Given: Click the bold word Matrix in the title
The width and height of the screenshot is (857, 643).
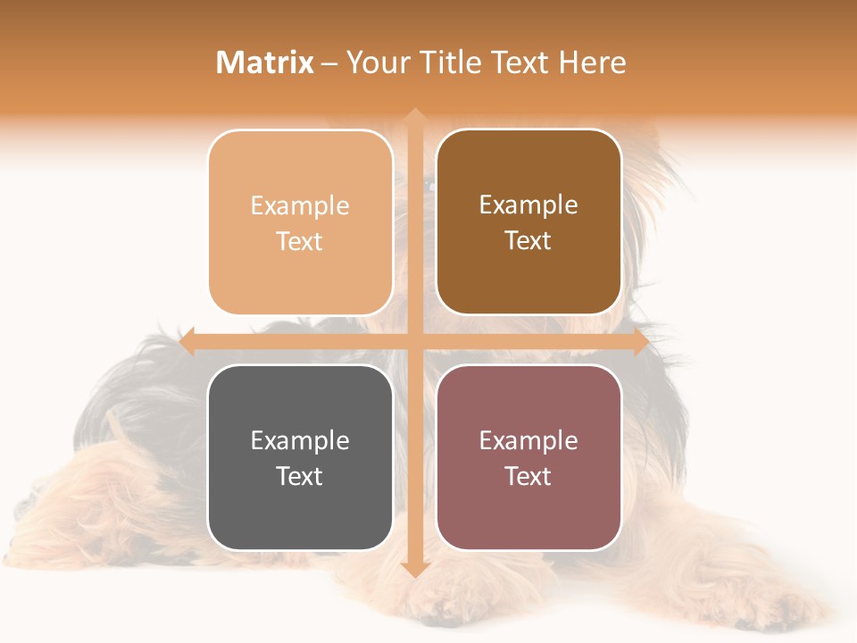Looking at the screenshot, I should [x=265, y=63].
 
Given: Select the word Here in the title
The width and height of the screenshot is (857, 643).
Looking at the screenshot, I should [x=593, y=63].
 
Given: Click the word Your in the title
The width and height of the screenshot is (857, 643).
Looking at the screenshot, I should [x=379, y=63].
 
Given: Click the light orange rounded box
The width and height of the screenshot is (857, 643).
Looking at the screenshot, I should [x=300, y=222].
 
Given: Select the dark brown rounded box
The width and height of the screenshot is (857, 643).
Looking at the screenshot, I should [x=528, y=222].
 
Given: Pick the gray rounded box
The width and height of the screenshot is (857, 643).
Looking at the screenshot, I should [x=300, y=457].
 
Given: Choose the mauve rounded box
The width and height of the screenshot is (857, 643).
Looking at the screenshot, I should [x=528, y=457].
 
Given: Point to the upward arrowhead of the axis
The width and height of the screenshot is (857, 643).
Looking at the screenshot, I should [x=414, y=115].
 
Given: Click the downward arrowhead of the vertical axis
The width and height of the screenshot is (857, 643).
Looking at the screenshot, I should [x=414, y=570].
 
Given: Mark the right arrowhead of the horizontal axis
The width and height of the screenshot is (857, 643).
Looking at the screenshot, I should [x=640, y=342].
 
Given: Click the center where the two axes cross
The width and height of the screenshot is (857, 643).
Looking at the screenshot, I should [x=414, y=342].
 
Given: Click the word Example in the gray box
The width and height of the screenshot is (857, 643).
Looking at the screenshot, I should [x=300, y=440].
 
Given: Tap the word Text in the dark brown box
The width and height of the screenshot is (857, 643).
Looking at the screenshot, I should [x=528, y=240].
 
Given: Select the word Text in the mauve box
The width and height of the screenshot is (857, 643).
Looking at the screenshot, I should [x=528, y=476].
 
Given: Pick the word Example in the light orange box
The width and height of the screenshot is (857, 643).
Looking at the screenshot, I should [x=300, y=205].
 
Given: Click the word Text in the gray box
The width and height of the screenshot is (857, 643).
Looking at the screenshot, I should [x=300, y=476].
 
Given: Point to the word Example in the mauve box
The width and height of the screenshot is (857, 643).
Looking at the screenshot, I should [x=528, y=440].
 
